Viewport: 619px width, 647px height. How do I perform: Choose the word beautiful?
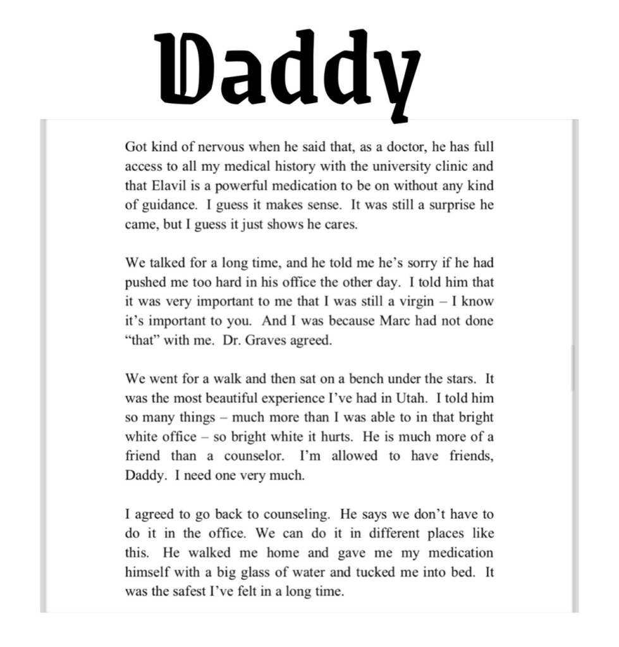[x=236, y=398]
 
